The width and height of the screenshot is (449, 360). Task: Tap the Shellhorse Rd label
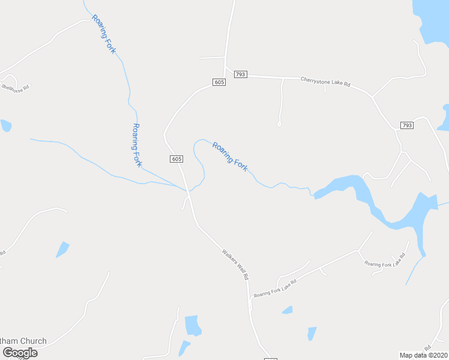(15, 87)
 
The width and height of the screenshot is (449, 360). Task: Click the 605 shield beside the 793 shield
(219, 82)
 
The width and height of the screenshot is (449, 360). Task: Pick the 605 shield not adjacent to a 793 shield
(176, 159)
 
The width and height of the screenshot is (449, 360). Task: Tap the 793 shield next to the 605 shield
(240, 74)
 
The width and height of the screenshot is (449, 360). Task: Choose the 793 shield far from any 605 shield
(406, 125)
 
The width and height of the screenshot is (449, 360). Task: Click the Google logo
(20, 352)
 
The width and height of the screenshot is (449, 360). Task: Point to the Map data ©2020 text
(423, 355)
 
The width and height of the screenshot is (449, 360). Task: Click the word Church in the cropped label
(33, 341)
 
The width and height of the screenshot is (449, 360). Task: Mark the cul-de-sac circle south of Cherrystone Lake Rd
(279, 124)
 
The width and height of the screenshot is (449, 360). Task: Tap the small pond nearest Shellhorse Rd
(5, 125)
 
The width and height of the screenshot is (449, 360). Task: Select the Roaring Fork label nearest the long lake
(229, 156)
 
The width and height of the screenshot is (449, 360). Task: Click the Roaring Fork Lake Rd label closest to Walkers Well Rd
(275, 288)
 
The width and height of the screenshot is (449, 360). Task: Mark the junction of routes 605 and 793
(226, 74)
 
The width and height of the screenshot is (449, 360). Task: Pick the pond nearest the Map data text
(312, 333)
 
